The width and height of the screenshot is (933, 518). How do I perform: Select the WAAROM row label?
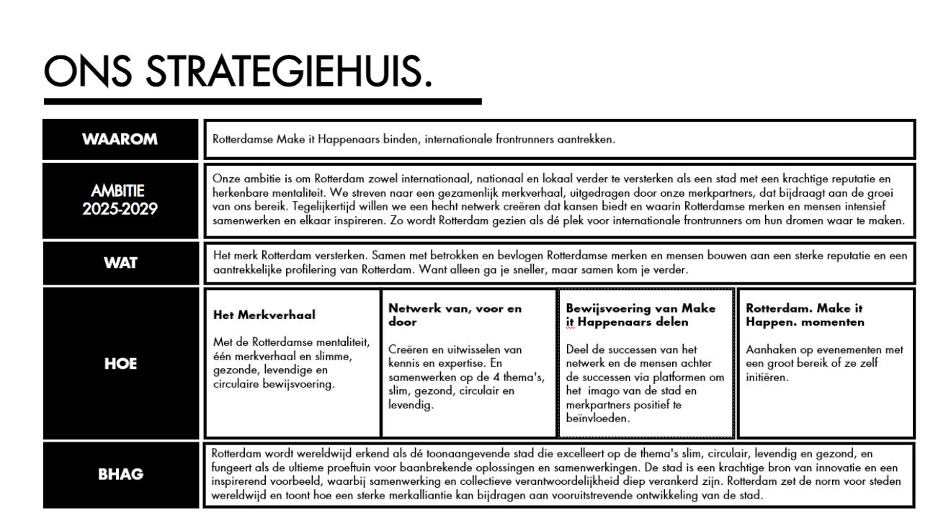(x=121, y=139)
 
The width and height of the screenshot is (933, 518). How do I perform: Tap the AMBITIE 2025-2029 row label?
(x=121, y=200)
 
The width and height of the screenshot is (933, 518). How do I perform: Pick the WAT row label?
(x=121, y=263)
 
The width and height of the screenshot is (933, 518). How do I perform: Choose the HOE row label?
(x=121, y=365)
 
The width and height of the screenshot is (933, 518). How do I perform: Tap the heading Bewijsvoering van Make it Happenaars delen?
(x=641, y=315)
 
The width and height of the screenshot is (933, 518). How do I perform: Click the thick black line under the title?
(x=262, y=102)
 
